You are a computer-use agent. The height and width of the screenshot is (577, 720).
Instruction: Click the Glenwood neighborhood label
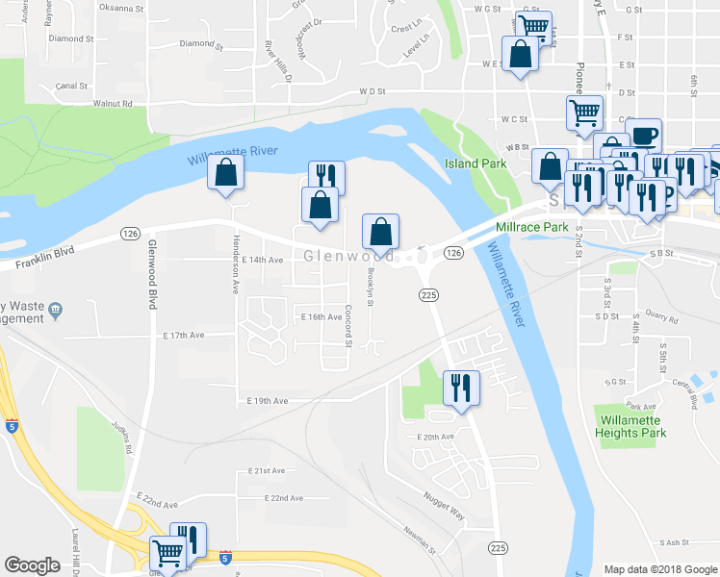pos(347,257)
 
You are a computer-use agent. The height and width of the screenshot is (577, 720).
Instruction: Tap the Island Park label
pos(476,164)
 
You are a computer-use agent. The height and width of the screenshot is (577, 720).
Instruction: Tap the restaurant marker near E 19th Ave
pos(460,388)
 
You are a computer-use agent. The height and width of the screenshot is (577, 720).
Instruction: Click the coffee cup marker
pos(643,135)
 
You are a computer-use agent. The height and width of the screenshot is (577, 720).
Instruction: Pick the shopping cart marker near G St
pos(531,26)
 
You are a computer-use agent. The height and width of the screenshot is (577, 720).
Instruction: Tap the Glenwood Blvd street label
pos(151,273)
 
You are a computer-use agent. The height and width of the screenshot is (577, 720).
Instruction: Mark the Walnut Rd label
pos(112,103)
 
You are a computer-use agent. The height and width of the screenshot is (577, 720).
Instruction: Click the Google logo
pos(32,565)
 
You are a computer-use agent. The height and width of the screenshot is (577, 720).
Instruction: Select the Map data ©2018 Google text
pos(659,569)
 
